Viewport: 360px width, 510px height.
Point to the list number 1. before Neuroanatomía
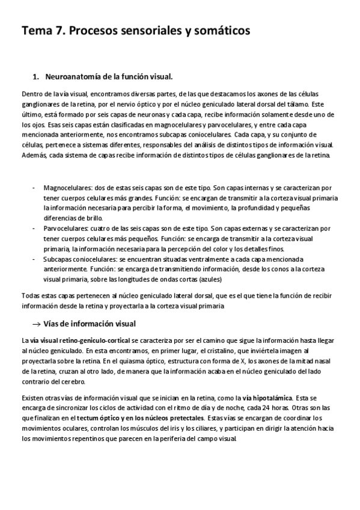pyautogui.click(x=35, y=77)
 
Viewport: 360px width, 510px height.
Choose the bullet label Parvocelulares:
pyautogui.click(x=66, y=229)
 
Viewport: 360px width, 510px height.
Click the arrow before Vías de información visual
pyautogui.click(x=35, y=324)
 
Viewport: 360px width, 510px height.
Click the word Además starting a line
pyautogui.click(x=34, y=155)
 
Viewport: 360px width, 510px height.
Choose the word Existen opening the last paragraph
pyautogui.click(x=33, y=398)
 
